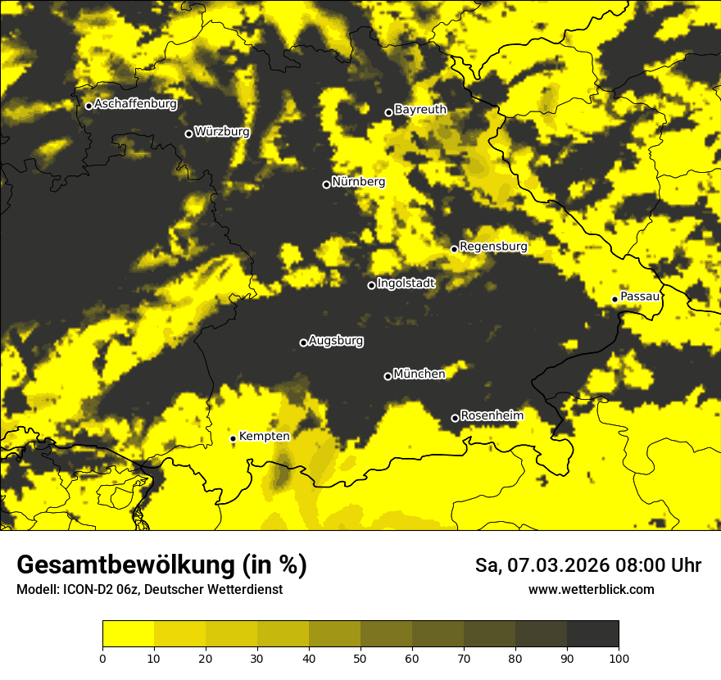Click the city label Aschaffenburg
[x=135, y=104]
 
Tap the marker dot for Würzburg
[x=188, y=134]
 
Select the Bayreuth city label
[x=420, y=109]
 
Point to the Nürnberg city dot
[x=326, y=184]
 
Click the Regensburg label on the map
[x=493, y=246]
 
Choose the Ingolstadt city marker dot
[x=371, y=285]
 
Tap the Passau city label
[x=640, y=296]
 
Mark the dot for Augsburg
[x=303, y=342]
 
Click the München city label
[x=419, y=374]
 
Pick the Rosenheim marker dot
[x=455, y=419]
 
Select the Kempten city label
[x=264, y=436]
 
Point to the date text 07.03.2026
[x=554, y=565]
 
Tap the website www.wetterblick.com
[x=592, y=589]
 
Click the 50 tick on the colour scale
[x=360, y=657]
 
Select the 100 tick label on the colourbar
[x=619, y=657]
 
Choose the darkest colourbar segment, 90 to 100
[x=592, y=634]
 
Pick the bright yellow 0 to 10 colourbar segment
[x=128, y=634]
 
